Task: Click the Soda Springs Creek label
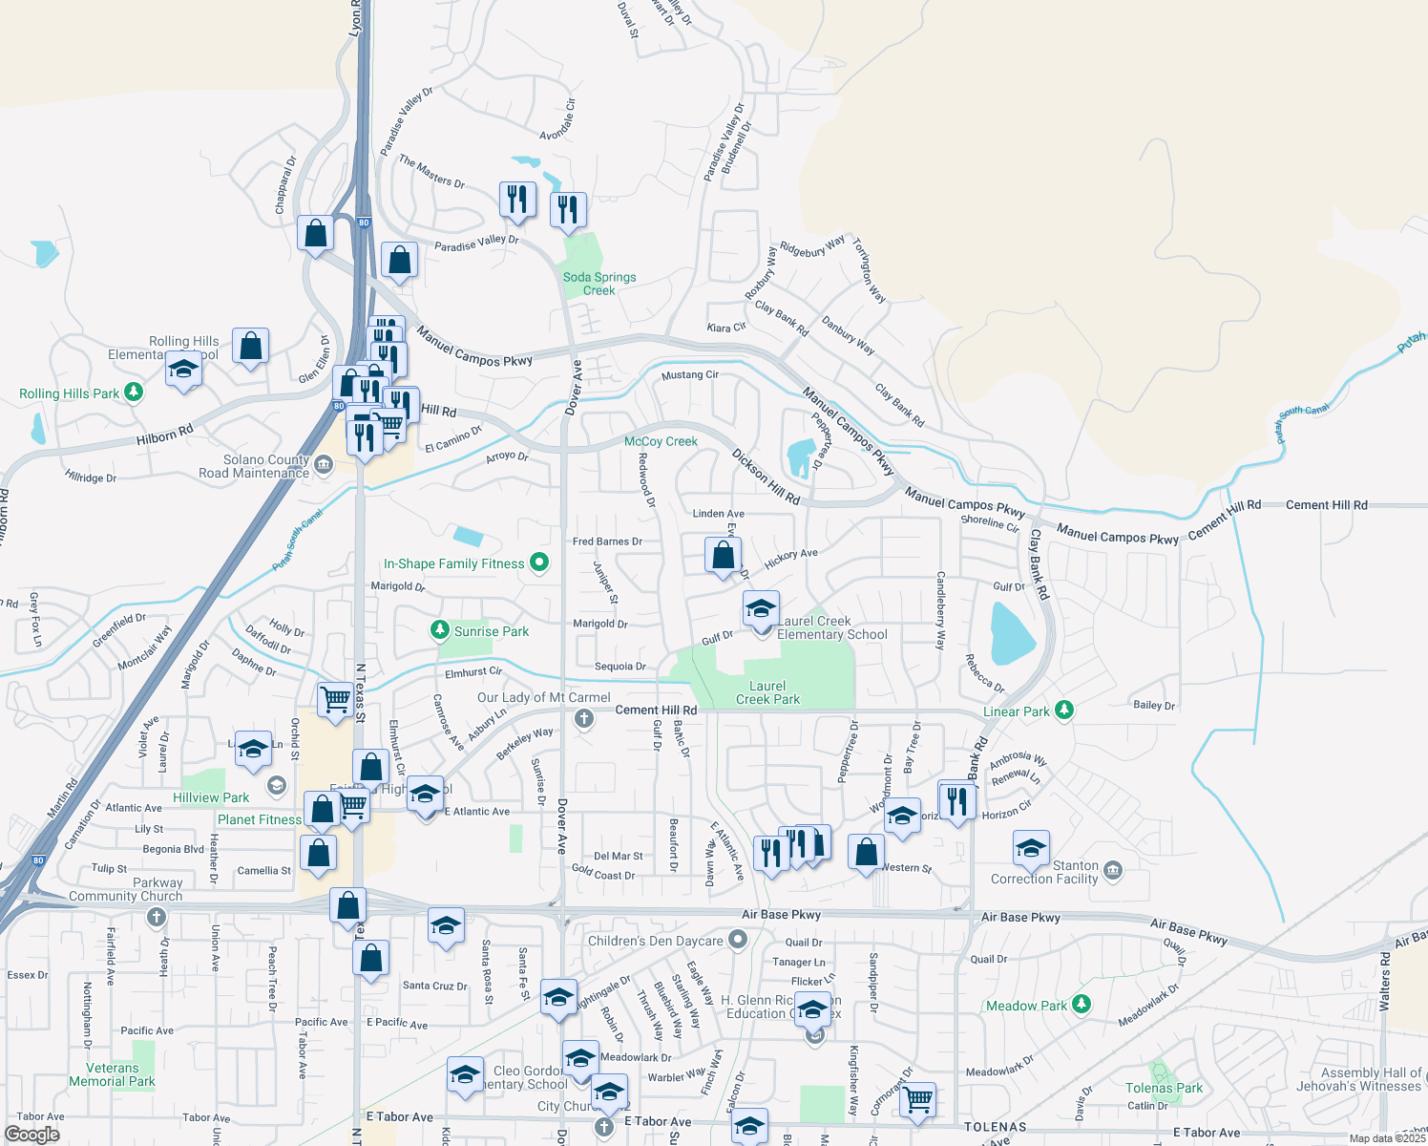599,284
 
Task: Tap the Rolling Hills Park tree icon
134,393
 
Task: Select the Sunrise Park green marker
439,630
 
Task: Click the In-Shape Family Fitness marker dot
539,562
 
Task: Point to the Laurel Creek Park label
767,692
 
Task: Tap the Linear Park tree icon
1064,711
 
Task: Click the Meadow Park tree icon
1081,1004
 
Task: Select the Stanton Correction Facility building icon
1112,871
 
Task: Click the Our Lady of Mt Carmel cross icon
583,717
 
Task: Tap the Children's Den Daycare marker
737,940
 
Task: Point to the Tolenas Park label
1164,1088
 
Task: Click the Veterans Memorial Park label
112,1074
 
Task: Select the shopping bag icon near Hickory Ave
724,555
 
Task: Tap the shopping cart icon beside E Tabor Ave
918,1099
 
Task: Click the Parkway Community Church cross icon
157,917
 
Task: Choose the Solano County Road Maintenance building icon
323,465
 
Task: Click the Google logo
31,1134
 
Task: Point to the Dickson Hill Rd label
766,477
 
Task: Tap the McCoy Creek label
661,441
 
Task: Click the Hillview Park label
211,797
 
